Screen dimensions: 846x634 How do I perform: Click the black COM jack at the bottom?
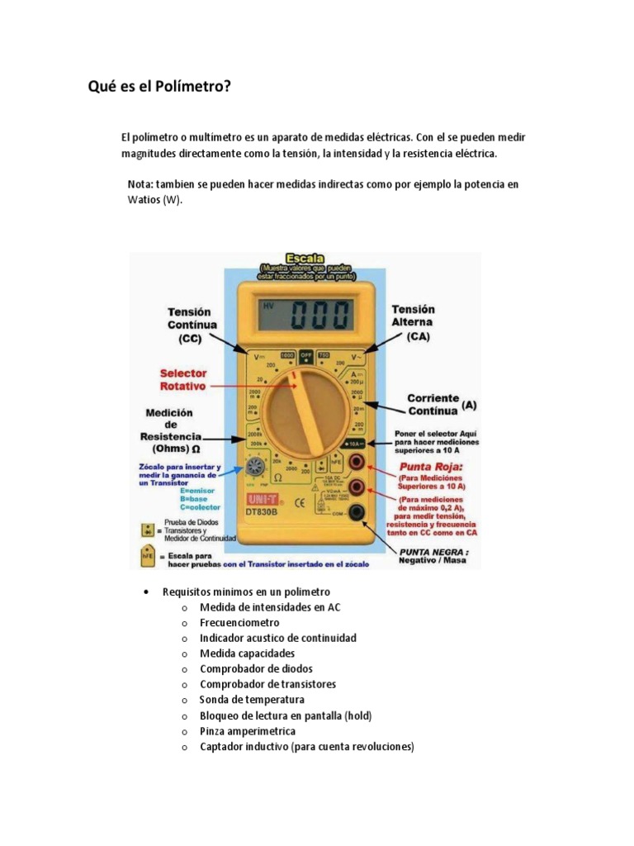tap(358, 513)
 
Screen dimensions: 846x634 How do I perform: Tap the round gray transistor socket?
tap(254, 469)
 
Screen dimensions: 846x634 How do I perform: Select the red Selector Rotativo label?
tap(183, 379)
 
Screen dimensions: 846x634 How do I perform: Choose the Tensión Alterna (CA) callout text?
tap(413, 323)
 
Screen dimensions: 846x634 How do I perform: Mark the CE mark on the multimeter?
tap(300, 501)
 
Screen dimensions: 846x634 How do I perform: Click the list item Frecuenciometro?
tap(239, 623)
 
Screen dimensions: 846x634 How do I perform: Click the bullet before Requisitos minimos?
tap(145, 592)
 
